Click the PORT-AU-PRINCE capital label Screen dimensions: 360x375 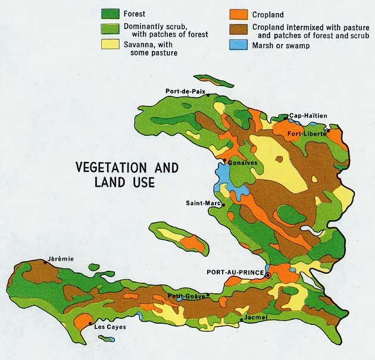(233, 271)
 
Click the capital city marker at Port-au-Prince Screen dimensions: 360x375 (268, 276)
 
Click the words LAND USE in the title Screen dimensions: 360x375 (126, 183)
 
